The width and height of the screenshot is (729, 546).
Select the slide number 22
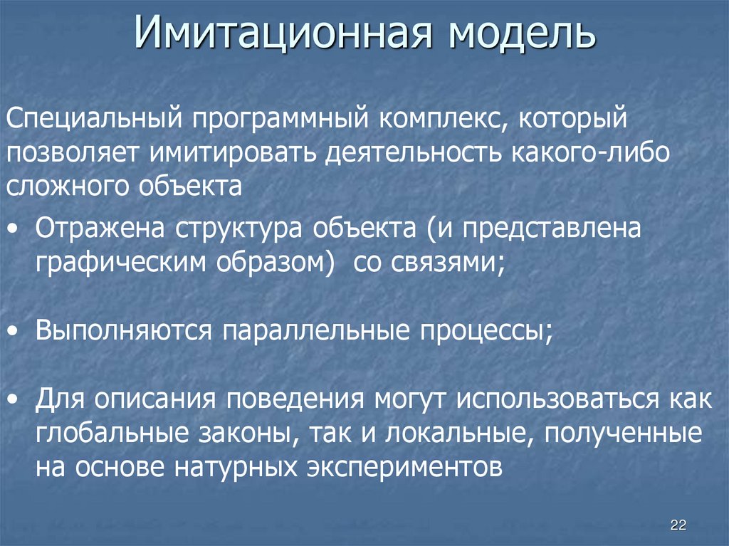tap(678, 526)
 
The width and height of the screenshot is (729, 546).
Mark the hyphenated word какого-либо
tap(590, 152)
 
